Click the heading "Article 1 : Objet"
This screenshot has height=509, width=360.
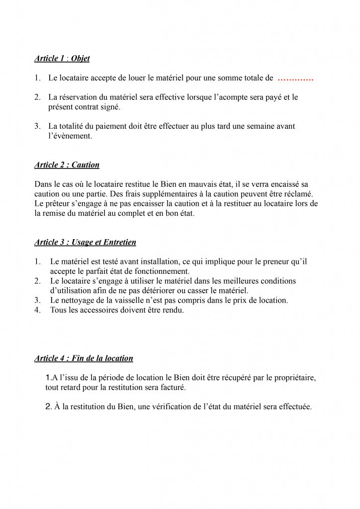coord(62,59)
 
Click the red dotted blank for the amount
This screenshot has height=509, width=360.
coord(295,79)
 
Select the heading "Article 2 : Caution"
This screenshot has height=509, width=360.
coord(67,165)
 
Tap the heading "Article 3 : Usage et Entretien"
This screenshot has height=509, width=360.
coord(85,243)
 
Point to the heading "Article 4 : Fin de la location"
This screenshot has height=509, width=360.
coord(84,358)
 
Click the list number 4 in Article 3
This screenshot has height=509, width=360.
coord(37,311)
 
